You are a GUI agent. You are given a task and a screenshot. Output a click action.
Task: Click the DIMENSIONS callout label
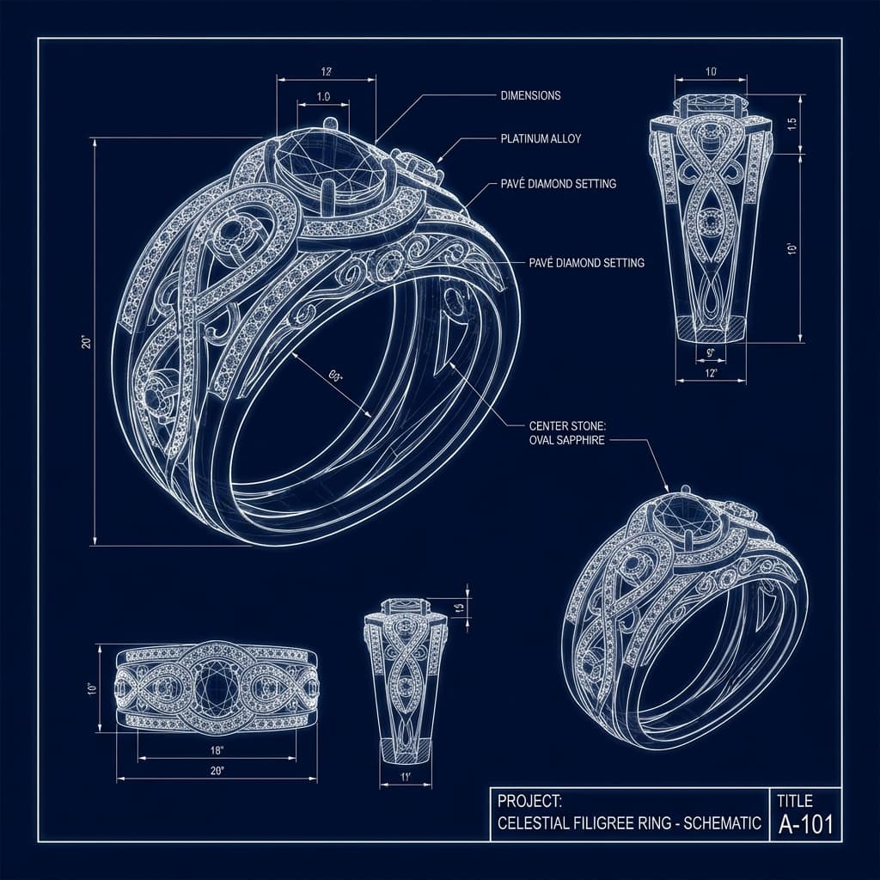pyautogui.click(x=530, y=95)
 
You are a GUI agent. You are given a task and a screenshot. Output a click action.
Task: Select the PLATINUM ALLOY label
pyautogui.click(x=541, y=138)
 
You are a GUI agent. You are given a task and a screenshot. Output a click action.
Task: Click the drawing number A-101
pyautogui.click(x=804, y=825)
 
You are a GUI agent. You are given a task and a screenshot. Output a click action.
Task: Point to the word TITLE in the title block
pyautogui.click(x=795, y=800)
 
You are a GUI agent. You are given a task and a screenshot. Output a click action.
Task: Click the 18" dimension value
pyautogui.click(x=217, y=750)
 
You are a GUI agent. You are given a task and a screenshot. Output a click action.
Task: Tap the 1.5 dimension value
pyautogui.click(x=792, y=123)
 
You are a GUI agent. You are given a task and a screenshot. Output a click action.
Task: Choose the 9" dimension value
pyautogui.click(x=710, y=351)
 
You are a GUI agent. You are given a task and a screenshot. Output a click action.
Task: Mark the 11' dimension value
pyautogui.click(x=404, y=777)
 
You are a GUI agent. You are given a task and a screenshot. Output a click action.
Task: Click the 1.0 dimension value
pyautogui.click(x=323, y=96)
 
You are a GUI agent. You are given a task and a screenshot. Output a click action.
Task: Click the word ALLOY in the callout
pyautogui.click(x=564, y=138)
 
